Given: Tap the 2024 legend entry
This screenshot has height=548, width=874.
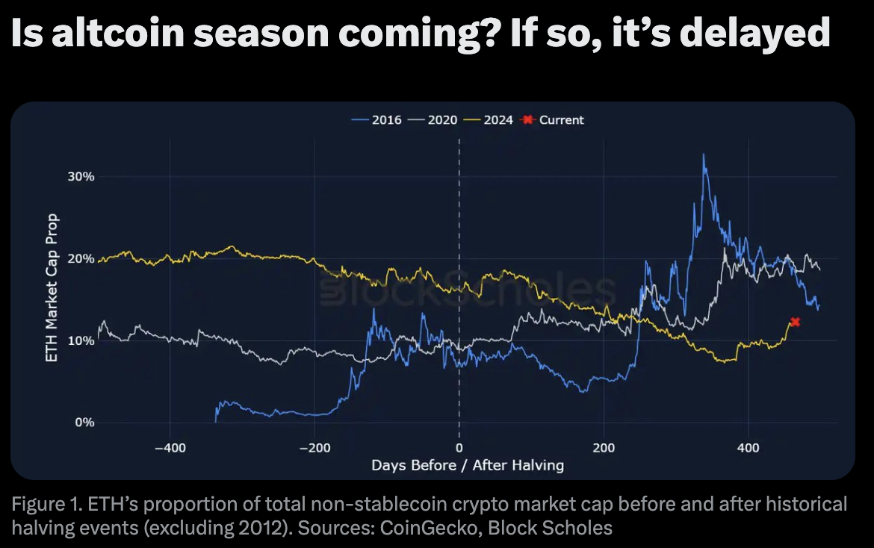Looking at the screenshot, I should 491,119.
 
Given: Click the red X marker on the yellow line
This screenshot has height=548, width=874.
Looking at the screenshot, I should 795,322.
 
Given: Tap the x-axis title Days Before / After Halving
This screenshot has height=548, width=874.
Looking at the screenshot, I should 468,465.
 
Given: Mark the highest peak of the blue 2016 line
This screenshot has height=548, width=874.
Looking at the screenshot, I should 704,155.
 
